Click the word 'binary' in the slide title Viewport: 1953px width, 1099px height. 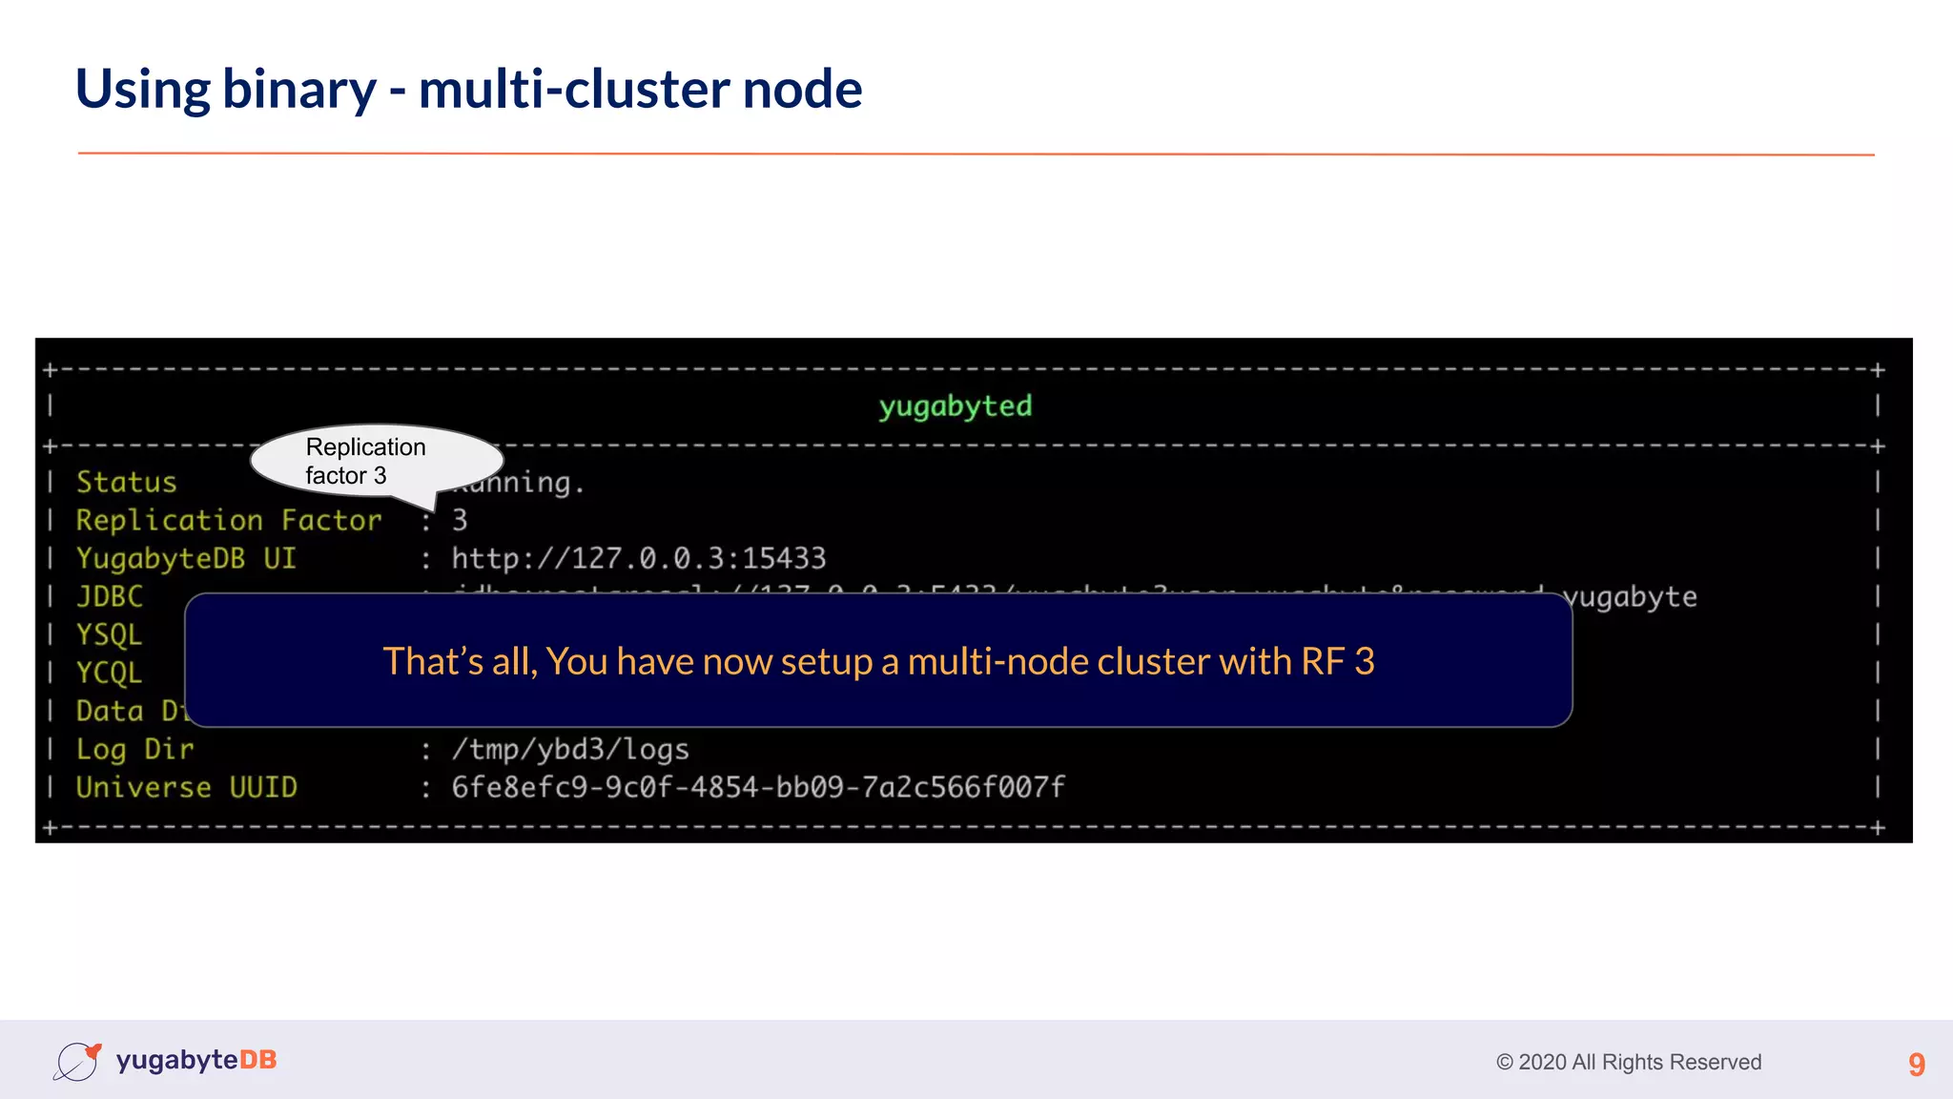point(299,91)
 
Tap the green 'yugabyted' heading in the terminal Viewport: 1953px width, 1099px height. point(955,406)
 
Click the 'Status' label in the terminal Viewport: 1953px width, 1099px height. point(127,482)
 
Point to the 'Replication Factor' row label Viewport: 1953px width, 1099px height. point(229,520)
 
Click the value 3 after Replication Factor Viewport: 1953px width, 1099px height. point(460,520)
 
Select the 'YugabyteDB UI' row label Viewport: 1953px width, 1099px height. point(186,558)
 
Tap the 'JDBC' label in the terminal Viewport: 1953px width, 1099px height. point(110,596)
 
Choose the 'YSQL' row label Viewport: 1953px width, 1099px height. point(109,634)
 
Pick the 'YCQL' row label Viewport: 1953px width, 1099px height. point(109,673)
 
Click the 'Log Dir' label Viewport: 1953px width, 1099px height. point(134,749)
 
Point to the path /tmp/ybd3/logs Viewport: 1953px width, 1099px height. point(569,749)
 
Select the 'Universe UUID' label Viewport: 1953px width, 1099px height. point(186,787)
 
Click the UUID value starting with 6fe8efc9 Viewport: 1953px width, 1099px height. point(757,787)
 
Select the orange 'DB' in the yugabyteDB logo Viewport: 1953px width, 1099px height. point(257,1060)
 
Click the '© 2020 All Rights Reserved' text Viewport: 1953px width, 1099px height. point(1628,1062)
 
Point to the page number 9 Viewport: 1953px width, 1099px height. point(1916,1064)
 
